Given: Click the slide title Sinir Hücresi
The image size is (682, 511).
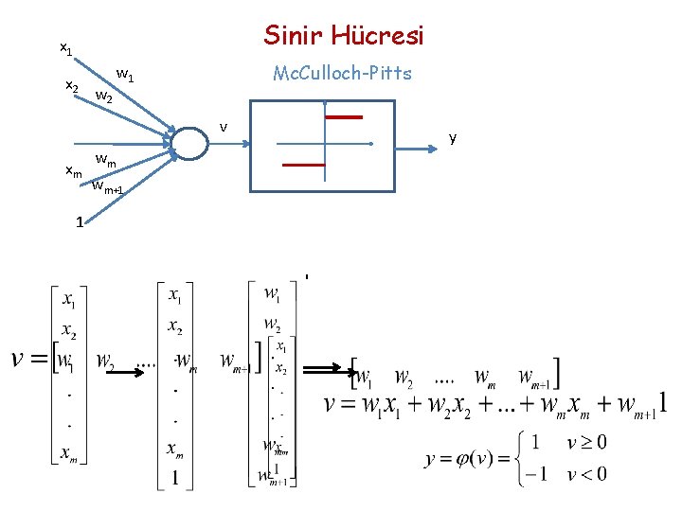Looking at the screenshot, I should (x=344, y=36).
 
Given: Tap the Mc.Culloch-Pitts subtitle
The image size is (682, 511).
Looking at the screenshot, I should (x=342, y=73).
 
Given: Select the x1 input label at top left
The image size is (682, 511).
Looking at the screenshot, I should (x=65, y=46).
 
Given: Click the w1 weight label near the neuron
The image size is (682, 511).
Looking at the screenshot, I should (x=124, y=73).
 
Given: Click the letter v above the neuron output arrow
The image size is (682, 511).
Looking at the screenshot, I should (x=224, y=126).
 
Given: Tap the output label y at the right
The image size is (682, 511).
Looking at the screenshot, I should (x=453, y=138).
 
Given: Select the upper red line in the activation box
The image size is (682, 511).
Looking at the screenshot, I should (x=344, y=117).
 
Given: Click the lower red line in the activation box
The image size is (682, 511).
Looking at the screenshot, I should (x=304, y=165).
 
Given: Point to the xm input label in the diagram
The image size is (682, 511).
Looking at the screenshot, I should (x=73, y=170).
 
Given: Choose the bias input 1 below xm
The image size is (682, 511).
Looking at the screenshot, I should (x=81, y=223).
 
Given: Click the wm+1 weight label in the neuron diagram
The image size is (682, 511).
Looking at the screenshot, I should (x=107, y=187).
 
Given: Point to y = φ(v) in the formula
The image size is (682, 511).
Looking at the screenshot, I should (x=462, y=459).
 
